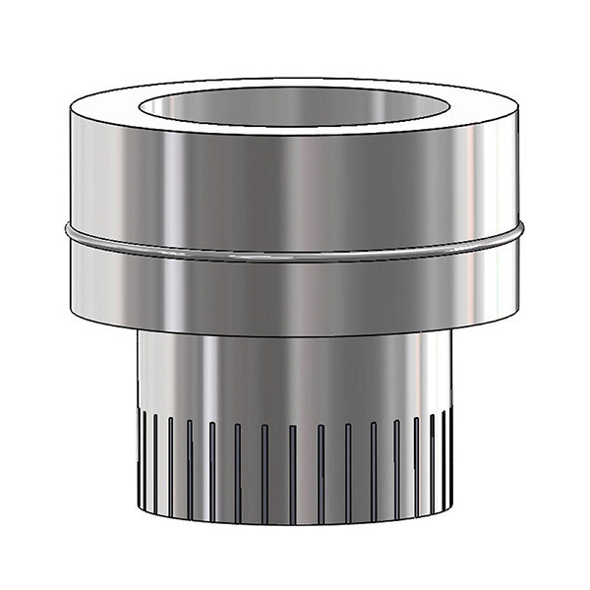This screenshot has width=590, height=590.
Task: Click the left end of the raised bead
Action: coord(70,234)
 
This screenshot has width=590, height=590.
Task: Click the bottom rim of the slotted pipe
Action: coord(295,521)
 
